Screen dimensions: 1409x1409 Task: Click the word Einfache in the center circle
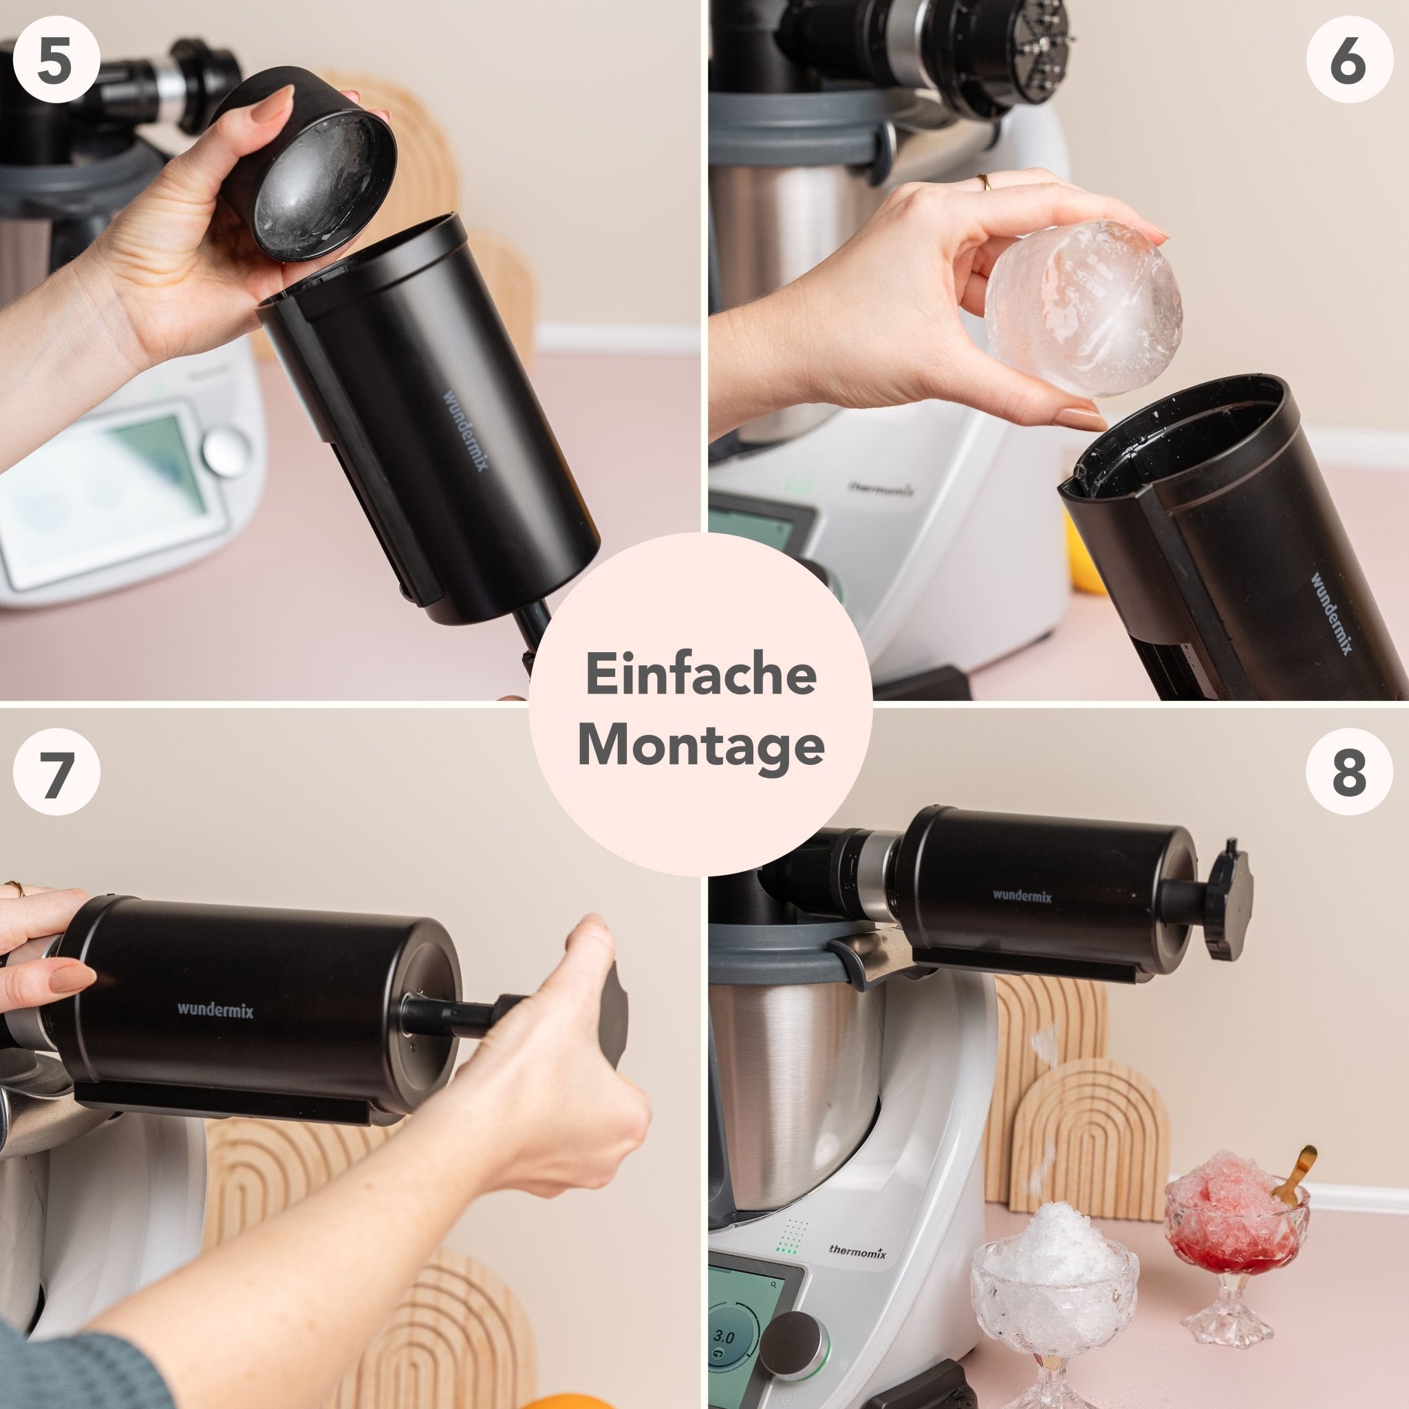pyautogui.click(x=700, y=676)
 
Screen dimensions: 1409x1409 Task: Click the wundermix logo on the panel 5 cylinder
pyautogui.click(x=466, y=430)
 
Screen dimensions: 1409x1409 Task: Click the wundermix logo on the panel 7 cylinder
pyautogui.click(x=215, y=1010)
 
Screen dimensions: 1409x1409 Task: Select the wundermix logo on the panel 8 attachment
pyautogui.click(x=1022, y=896)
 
